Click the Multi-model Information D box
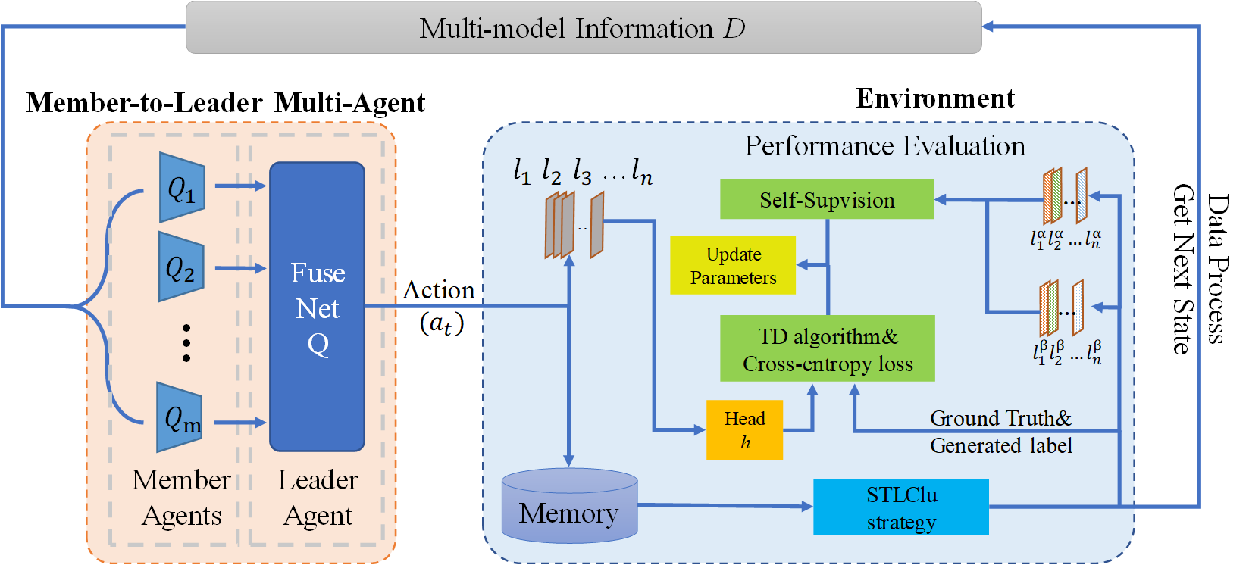coord(584,28)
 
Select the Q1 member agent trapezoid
coord(182,187)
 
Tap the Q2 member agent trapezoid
coord(181,267)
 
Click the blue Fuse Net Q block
coord(317,307)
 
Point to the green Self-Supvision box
coord(826,199)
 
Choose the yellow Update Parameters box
coord(733,265)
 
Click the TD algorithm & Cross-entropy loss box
coord(827,349)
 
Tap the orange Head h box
coord(744,430)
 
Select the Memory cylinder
coord(569,507)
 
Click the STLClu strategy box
coord(901,507)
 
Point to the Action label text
coord(439,290)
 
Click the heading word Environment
coord(934,98)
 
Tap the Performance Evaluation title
coord(884,146)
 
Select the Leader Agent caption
coord(318,497)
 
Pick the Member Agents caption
coord(181,497)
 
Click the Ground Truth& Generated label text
coord(1000,432)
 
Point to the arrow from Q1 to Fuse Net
coord(239,186)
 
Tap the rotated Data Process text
coord(1217,269)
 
